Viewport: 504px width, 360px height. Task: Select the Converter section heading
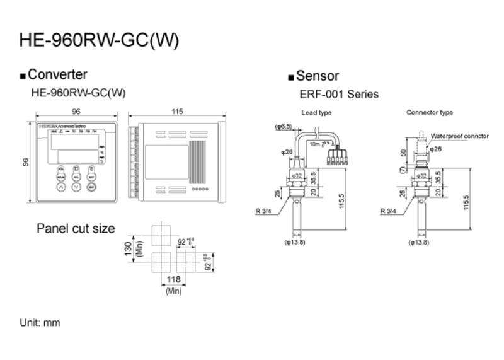coord(57,75)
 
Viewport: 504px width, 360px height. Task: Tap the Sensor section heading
coord(317,76)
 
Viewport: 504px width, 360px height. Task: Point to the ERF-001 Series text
coord(339,95)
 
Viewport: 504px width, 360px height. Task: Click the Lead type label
coord(316,113)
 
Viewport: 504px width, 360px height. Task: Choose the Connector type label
coord(430,113)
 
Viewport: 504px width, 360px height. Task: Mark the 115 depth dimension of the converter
coord(176,112)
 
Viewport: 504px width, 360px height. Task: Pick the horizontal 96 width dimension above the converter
coord(76,112)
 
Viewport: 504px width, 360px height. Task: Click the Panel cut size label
coord(76,228)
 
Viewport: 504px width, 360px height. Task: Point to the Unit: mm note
coord(40,322)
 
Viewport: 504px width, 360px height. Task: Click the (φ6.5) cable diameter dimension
coord(283,127)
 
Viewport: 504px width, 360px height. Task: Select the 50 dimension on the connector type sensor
coord(403,153)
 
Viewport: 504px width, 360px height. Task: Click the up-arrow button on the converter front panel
coord(60,187)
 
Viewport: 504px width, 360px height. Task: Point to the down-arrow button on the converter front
coord(76,187)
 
